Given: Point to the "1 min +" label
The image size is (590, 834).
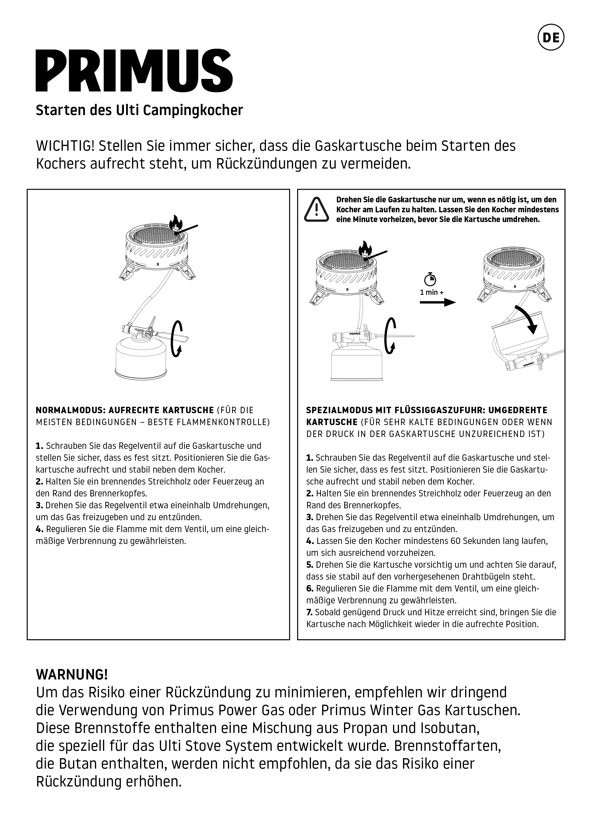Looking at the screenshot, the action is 432,292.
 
